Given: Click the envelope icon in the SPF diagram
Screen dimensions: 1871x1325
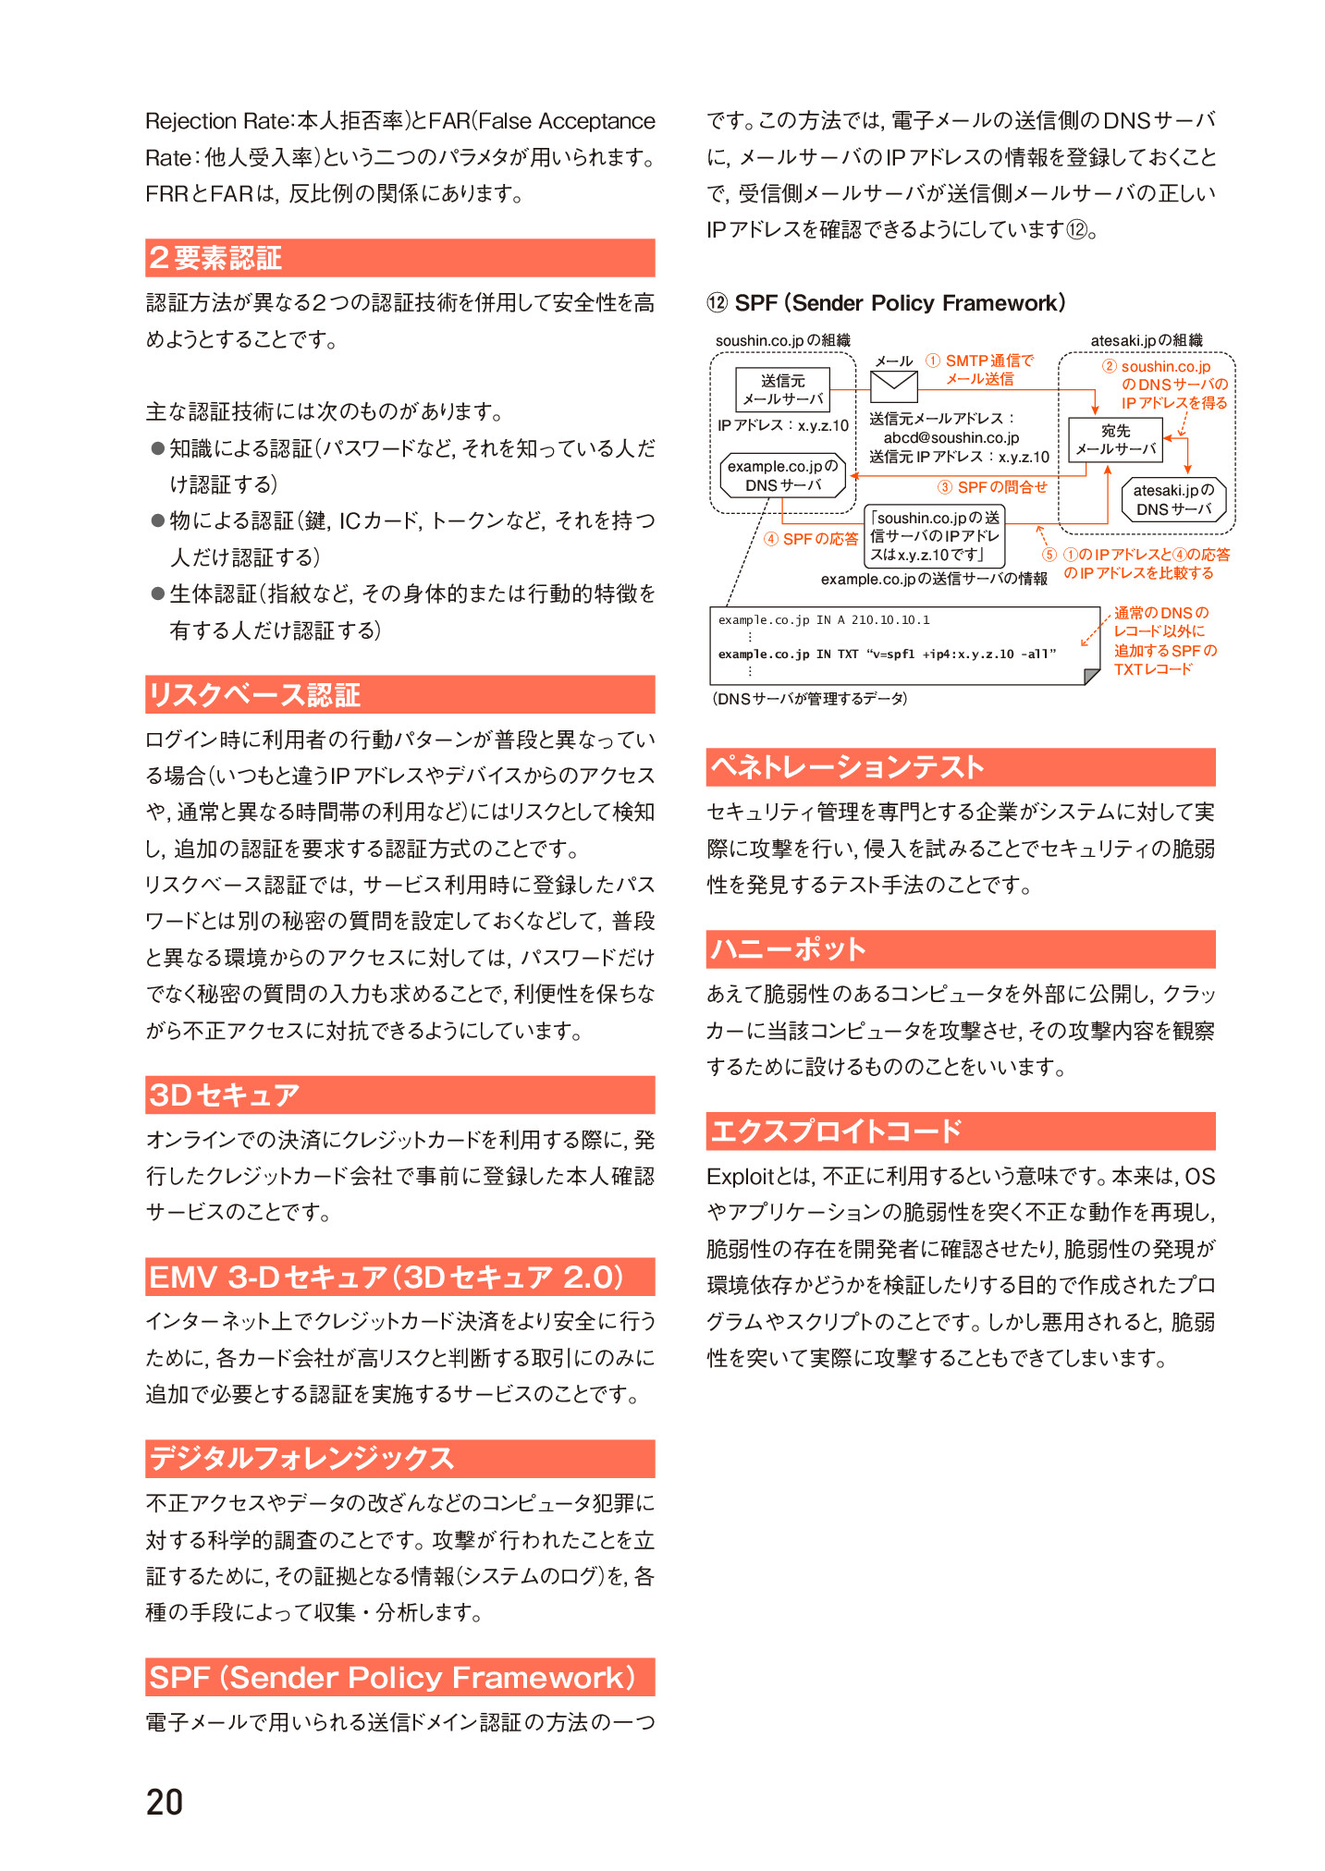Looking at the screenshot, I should [893, 386].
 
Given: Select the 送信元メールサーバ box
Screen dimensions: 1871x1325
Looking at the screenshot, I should [782, 390].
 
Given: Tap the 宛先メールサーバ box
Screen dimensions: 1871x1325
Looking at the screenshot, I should [1115, 440].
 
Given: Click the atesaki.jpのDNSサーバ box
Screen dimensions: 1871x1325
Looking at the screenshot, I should [1173, 500].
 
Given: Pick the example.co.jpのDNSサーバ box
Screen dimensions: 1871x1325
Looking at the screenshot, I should [782, 476].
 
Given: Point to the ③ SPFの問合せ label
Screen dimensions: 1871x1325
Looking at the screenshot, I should [992, 487].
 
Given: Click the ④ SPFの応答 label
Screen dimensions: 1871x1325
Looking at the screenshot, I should [811, 539].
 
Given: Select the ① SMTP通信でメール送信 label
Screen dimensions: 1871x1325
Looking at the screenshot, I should [980, 370].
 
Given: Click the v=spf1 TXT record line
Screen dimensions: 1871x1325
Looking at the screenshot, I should [886, 654].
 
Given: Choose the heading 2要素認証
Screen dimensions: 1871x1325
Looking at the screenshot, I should [215, 258].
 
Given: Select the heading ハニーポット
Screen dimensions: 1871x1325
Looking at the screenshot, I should [788, 949].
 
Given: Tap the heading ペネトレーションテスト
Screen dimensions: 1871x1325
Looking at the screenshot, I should [846, 767].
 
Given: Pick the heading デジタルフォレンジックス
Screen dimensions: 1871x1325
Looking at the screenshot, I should [301, 1459].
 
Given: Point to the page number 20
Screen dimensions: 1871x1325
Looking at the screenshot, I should [165, 1802].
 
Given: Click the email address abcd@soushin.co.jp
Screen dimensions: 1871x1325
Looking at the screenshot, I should [951, 438].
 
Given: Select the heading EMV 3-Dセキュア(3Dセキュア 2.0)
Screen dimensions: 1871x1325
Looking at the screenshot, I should [386, 1277].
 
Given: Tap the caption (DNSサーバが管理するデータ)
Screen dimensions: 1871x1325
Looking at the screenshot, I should [809, 699].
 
